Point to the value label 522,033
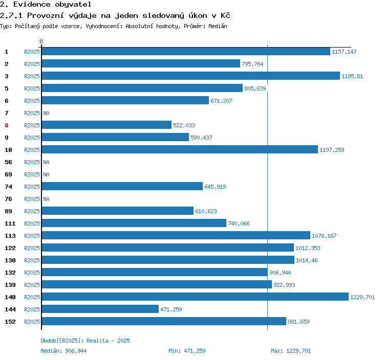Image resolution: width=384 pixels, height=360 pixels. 184,125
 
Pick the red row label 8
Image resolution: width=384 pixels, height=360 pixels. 7,125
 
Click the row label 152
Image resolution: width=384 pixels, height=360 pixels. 10,322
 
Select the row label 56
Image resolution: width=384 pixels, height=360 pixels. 8,162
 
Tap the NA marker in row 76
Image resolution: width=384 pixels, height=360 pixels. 46,199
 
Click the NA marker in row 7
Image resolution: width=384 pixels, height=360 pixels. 46,113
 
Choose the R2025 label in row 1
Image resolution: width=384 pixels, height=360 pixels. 32,52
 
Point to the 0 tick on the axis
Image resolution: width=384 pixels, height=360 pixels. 41,41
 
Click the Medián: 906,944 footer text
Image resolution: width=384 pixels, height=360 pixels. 63,351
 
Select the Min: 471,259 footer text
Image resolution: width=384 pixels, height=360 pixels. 187,351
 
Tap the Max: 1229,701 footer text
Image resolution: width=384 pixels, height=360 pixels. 291,351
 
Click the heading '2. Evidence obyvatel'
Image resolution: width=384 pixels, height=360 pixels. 46,5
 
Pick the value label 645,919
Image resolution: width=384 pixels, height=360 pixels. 215,187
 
